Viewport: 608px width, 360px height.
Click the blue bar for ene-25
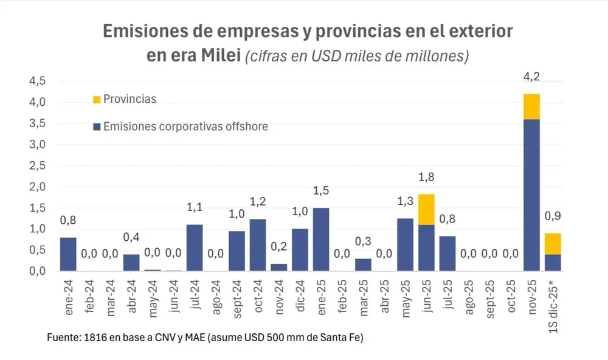click(x=322, y=239)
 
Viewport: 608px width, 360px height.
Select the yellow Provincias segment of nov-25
click(x=531, y=106)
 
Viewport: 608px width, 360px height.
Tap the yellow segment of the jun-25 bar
click(x=426, y=209)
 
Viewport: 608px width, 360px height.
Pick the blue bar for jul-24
click(x=195, y=247)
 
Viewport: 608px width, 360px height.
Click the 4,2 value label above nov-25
click(x=531, y=77)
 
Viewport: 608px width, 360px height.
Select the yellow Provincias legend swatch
click(x=95, y=99)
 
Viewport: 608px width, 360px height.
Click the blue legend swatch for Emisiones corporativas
click(x=95, y=126)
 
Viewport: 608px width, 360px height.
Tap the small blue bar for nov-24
click(x=279, y=267)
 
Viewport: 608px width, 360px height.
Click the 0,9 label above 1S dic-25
click(x=553, y=217)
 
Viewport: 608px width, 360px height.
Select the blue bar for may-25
click(x=405, y=244)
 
